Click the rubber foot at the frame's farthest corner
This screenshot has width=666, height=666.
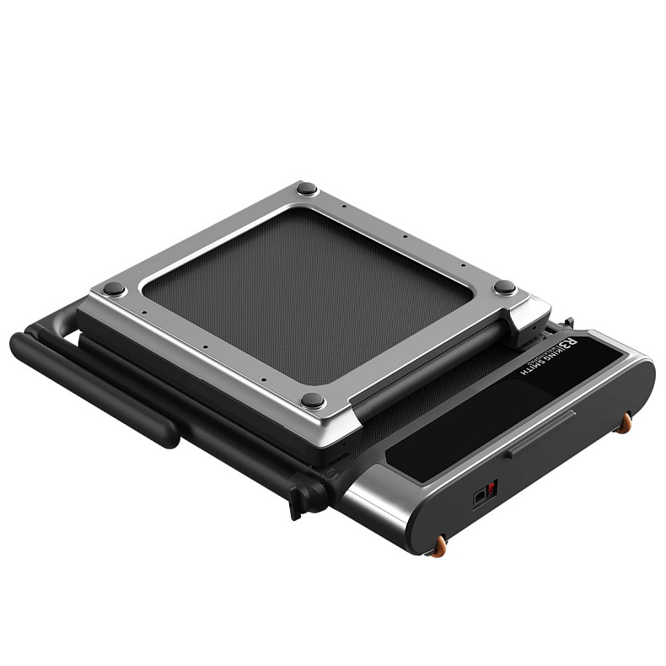tap(306, 188)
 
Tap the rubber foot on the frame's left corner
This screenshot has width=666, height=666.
tap(113, 288)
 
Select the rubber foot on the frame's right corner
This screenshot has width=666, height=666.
tap(504, 287)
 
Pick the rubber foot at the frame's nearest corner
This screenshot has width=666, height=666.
tap(312, 399)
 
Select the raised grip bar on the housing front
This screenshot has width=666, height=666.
tap(540, 433)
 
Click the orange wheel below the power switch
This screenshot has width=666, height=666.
tap(439, 549)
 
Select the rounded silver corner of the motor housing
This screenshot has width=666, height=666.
tap(371, 506)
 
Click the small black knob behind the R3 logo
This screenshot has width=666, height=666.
tap(570, 322)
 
